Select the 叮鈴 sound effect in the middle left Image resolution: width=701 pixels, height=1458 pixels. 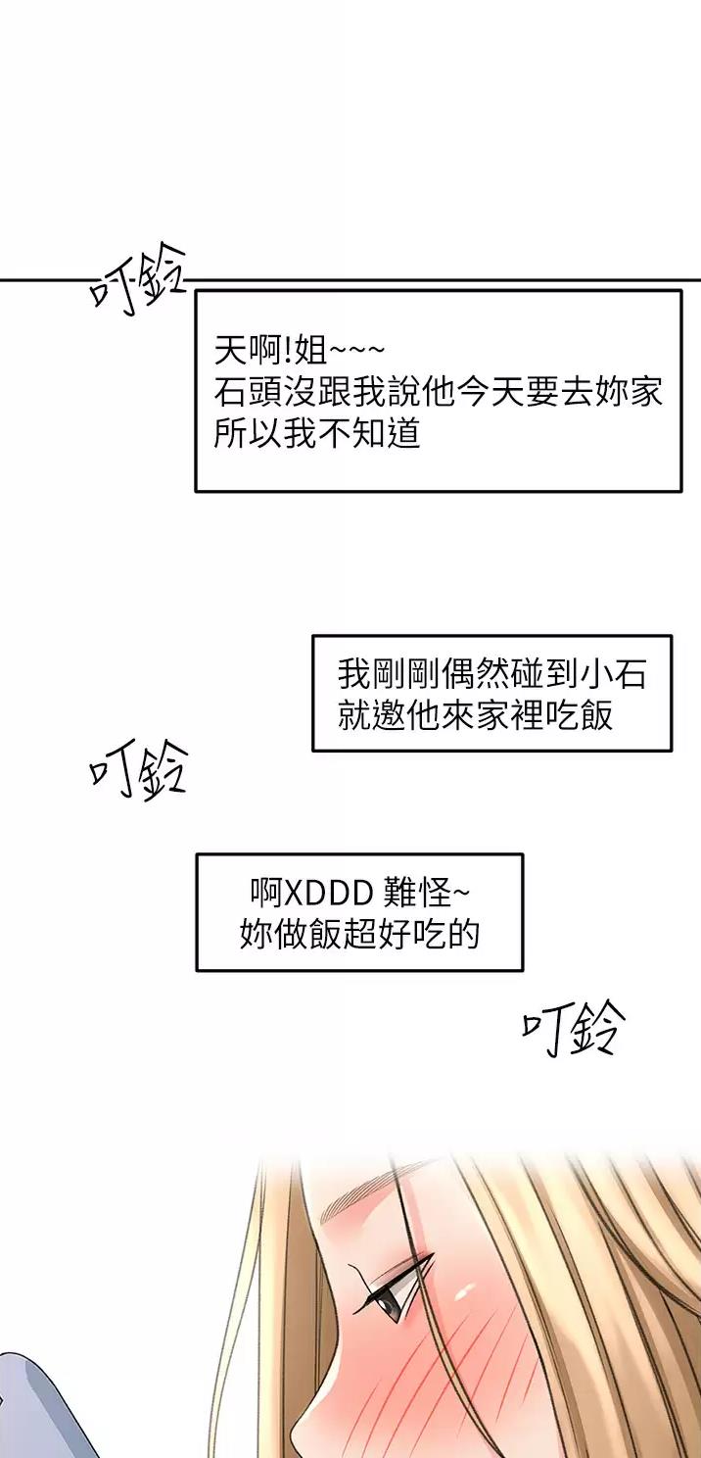[138, 771]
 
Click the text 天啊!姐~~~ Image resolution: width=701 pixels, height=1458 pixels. [300, 350]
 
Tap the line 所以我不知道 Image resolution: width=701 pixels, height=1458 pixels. [317, 432]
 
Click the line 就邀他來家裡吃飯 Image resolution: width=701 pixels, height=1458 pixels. [476, 714]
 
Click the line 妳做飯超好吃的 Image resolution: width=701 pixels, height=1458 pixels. [360, 934]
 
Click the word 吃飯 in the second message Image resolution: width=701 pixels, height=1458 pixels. [579, 714]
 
